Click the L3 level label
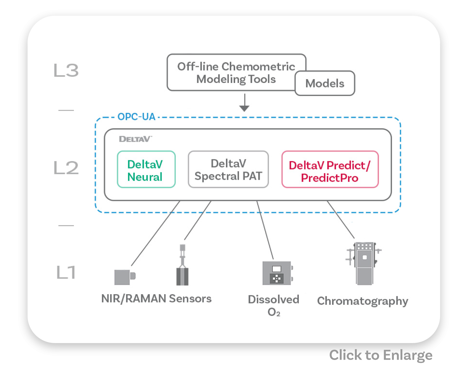pyautogui.click(x=66, y=70)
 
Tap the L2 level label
pyautogui.click(x=66, y=167)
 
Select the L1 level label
pyautogui.click(x=66, y=272)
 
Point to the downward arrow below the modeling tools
pyautogui.click(x=245, y=103)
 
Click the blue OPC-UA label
pyautogui.click(x=136, y=117)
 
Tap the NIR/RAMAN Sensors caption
pyautogui.click(x=156, y=299)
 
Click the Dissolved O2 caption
pyautogui.click(x=274, y=305)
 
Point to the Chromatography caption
pyautogui.click(x=363, y=301)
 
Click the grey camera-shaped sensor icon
pyautogui.click(x=125, y=277)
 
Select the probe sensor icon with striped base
pyautogui.click(x=182, y=265)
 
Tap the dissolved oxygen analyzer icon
pyautogui.click(x=278, y=273)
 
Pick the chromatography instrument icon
pyautogui.click(x=364, y=263)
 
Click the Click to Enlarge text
pyautogui.click(x=381, y=355)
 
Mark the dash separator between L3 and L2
pyautogui.click(x=66, y=110)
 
